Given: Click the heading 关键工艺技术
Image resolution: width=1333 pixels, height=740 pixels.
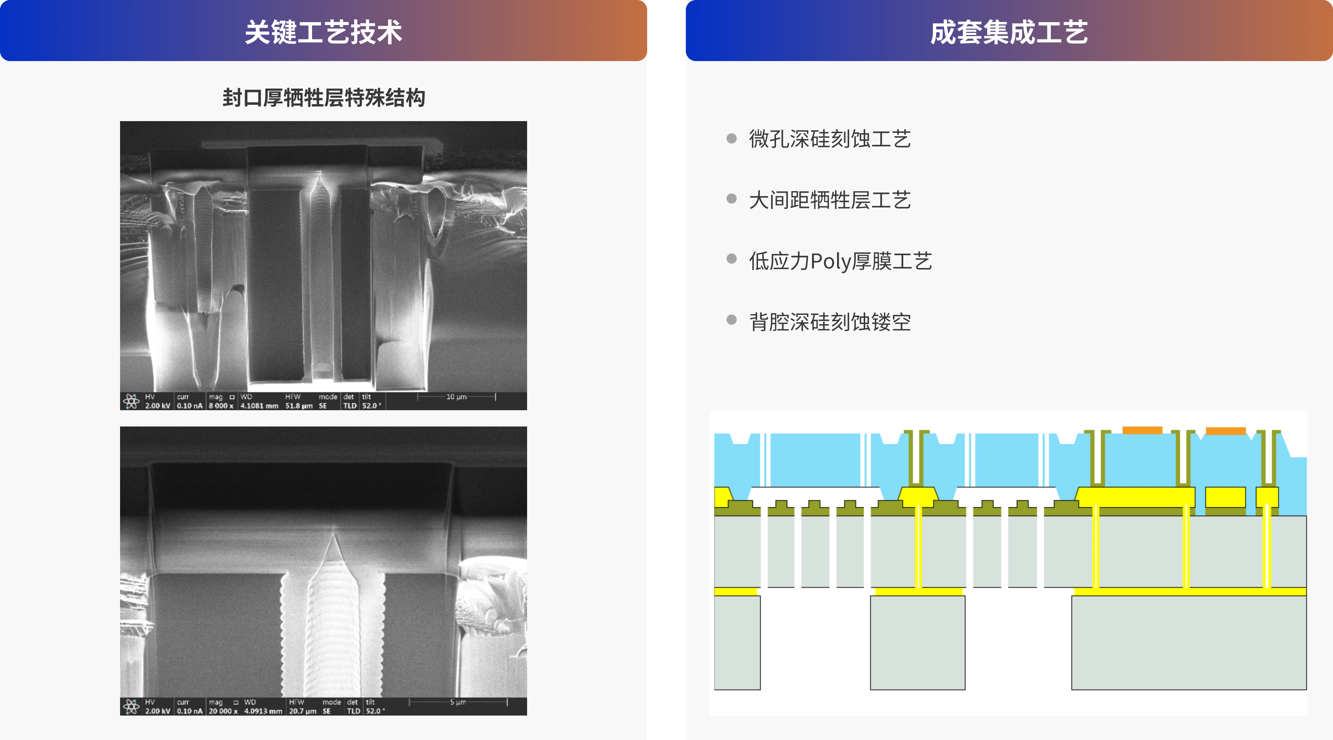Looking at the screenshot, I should (324, 32).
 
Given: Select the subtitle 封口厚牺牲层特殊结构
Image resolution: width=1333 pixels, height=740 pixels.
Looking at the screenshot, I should (324, 98).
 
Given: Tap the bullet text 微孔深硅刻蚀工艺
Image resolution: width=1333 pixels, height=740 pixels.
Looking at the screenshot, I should (830, 139).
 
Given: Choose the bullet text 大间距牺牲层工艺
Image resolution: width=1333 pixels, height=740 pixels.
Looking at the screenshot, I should (830, 200).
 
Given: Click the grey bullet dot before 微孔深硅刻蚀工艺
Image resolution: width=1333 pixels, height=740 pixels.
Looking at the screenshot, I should (731, 138).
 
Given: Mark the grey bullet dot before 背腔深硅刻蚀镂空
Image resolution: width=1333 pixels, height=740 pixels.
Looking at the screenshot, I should (731, 320).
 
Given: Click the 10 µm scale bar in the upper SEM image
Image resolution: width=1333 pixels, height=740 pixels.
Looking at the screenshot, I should (457, 397).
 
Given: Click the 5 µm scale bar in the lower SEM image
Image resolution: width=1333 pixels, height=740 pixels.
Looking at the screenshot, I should (458, 702).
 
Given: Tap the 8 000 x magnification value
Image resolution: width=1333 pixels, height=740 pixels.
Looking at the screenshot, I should (221, 406).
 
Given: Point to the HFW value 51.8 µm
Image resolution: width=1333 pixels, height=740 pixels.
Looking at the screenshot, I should (298, 406).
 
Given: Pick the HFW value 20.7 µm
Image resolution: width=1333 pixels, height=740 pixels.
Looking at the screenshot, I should (303, 711).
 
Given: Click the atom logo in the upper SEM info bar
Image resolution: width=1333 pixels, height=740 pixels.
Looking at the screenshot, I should (132, 401).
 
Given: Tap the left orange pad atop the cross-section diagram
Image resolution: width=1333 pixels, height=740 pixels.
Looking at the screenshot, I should (1142, 430).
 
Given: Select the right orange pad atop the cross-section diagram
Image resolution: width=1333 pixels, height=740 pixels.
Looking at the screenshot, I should (1225, 431).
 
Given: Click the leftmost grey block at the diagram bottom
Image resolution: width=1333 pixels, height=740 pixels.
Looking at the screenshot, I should (737, 643).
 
